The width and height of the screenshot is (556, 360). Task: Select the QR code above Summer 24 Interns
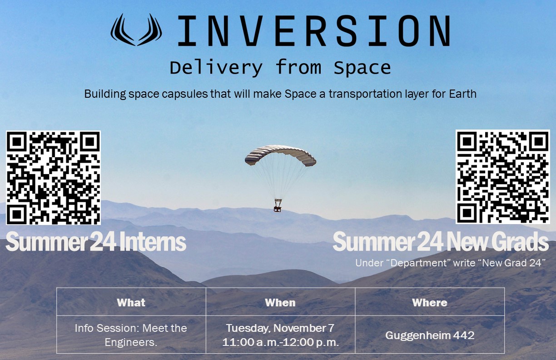click(x=53, y=178)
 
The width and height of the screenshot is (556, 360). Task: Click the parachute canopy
click(x=280, y=155)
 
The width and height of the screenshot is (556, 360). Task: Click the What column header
click(x=131, y=302)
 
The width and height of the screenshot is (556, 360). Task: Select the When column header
click(x=280, y=302)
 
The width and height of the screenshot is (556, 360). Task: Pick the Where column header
click(x=430, y=302)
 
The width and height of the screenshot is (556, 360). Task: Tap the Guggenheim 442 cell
click(x=430, y=335)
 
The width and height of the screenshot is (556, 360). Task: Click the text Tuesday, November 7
click(x=280, y=328)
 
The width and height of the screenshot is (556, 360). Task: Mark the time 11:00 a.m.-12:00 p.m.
click(x=280, y=342)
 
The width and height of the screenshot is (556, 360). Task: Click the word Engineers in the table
click(x=131, y=342)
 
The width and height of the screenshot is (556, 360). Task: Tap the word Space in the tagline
click(x=362, y=68)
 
